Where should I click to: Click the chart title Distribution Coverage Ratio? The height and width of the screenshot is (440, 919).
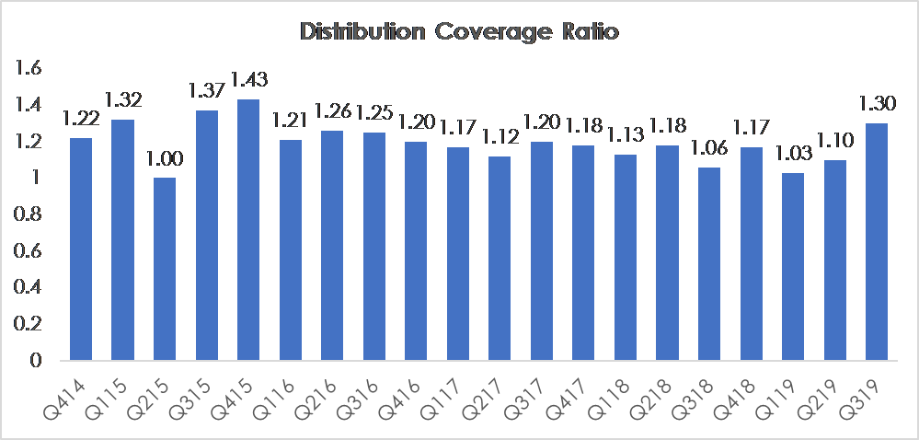pyautogui.click(x=459, y=31)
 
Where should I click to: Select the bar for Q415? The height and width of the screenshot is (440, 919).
pyautogui.click(x=248, y=229)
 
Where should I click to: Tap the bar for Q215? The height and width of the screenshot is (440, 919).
pyautogui.click(x=165, y=269)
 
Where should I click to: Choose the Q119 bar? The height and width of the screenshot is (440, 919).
pyautogui.click(x=792, y=266)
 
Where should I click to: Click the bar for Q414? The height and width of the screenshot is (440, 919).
pyautogui.click(x=81, y=249)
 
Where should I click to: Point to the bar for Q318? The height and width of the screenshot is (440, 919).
pyautogui.click(x=708, y=263)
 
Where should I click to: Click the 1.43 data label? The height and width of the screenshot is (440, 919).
pyautogui.click(x=249, y=78)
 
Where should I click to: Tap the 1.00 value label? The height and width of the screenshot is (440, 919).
pyautogui.click(x=165, y=158)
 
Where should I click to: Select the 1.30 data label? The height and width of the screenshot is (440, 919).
pyautogui.click(x=877, y=104)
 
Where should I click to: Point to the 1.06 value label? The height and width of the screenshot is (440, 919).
pyautogui.click(x=708, y=148)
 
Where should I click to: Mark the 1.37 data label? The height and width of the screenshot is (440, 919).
pyautogui.click(x=206, y=90)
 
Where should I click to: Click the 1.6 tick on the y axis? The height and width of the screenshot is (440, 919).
pyautogui.click(x=30, y=69)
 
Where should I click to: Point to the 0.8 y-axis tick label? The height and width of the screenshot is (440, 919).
pyautogui.click(x=29, y=214)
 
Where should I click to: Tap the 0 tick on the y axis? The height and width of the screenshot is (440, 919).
pyautogui.click(x=37, y=360)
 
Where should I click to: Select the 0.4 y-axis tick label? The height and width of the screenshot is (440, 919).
pyautogui.click(x=29, y=287)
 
